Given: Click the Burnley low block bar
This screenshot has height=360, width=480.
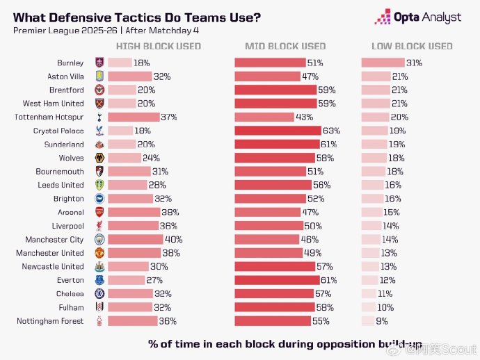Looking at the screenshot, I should tap(383, 63).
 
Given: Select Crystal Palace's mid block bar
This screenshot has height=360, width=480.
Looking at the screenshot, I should tap(278, 131).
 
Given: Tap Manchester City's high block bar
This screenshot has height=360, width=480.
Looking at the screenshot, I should tap(135, 239).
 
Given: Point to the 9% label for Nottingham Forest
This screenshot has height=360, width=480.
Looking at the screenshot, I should tap(382, 321).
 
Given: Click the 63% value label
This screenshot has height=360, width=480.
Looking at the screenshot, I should tap(330, 131).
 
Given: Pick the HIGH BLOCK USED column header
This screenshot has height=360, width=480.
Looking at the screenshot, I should tap(158, 47).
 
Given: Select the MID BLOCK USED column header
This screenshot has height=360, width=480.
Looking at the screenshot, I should tap(285, 47).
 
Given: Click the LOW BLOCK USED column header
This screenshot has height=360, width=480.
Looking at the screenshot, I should tap(412, 47).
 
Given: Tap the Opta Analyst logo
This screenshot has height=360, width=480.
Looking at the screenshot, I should tap(418, 17).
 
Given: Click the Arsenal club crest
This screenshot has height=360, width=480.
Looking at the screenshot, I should tap(99, 212).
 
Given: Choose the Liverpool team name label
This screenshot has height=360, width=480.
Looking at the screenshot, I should tap(67, 226).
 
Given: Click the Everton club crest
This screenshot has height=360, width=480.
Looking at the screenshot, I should tap(99, 280).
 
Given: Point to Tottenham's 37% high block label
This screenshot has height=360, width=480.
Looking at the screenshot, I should tap(168, 117).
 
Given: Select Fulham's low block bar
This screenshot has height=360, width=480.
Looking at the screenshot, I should tap(368, 307).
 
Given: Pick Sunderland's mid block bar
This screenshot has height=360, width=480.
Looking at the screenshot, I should tap(276, 145).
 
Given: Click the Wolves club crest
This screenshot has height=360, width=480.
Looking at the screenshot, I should tap(99, 158).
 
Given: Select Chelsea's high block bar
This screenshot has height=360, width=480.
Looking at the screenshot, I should tap(130, 294).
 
